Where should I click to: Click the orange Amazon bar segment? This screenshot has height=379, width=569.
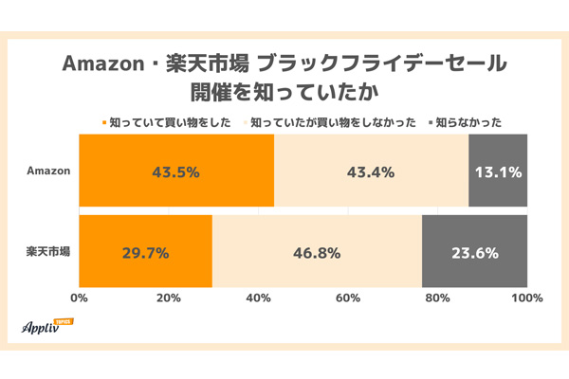(x=176, y=171)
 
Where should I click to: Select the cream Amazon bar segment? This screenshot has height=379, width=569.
(x=371, y=171)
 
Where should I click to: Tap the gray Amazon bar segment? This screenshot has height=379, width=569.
(x=497, y=171)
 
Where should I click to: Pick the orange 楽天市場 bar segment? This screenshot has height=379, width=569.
(x=145, y=252)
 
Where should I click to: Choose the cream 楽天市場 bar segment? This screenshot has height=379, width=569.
(x=317, y=252)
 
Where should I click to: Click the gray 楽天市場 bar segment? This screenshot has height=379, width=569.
(x=474, y=252)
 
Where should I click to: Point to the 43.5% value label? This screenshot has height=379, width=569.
(x=176, y=172)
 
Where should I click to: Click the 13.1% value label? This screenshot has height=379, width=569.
(x=498, y=172)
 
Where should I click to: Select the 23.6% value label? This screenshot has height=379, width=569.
(x=474, y=253)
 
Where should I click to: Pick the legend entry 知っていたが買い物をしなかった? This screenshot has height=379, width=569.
(x=332, y=121)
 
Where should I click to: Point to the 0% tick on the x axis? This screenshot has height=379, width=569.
(x=80, y=298)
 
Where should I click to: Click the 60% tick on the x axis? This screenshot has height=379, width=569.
(x=348, y=298)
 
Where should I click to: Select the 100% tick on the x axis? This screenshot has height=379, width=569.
(x=526, y=298)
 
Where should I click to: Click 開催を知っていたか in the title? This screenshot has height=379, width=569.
(x=284, y=92)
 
